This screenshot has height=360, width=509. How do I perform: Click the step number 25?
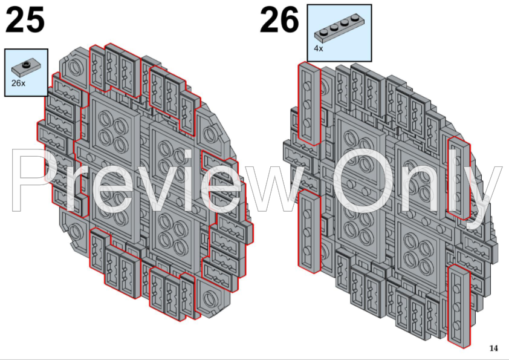coord(25,21)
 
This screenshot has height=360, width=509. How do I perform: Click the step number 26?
coord(279,21)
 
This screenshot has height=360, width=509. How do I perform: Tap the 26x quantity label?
coord(18,83)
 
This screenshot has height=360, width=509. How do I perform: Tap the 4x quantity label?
coord(319,48)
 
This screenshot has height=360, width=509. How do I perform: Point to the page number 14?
coord(493,348)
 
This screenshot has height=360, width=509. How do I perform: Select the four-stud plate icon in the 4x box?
coord(339,26)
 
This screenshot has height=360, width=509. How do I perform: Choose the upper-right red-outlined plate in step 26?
coord(458,177)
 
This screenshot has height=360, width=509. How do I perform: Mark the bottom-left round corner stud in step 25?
coord(77,231)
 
